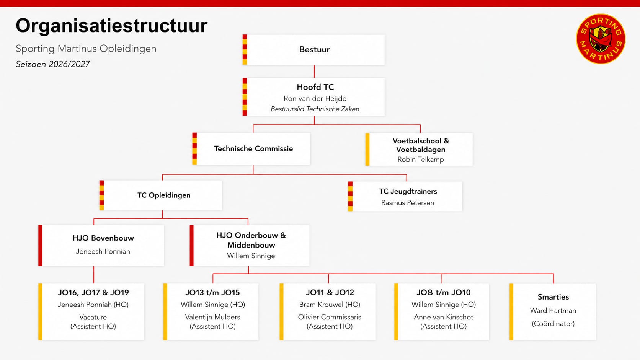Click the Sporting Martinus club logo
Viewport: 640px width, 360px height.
601,39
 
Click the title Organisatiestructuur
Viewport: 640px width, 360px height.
112,26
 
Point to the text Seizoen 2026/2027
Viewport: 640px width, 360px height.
52,64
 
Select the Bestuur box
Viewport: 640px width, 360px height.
313,50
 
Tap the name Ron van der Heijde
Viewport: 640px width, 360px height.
315,98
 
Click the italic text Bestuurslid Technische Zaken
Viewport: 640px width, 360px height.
315,109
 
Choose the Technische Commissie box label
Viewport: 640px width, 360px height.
253,148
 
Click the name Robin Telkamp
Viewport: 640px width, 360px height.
421,159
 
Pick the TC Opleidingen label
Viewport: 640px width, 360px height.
164,195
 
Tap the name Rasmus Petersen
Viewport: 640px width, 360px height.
408,203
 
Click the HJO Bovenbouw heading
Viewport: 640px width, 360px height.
103,238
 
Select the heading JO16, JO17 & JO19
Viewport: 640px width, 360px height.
93,292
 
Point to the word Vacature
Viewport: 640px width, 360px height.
93,317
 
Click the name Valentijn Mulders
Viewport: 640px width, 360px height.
212,317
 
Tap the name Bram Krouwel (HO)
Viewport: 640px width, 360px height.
330,305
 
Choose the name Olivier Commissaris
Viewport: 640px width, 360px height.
330,317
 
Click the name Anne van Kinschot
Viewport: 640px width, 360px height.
443,317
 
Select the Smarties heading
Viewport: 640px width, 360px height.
553,297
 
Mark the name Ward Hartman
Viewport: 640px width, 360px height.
553,310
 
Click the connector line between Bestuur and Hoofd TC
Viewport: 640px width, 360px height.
314,72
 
